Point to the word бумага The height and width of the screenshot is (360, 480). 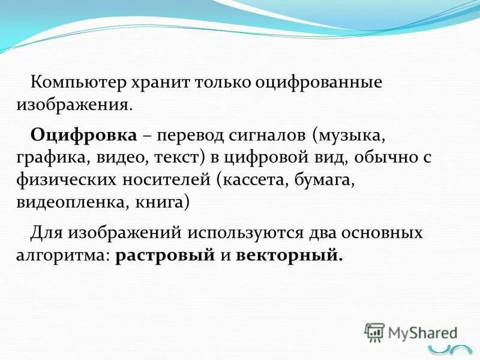pyautogui.click(x=328, y=179)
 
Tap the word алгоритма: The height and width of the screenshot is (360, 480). pyautogui.click(x=62, y=255)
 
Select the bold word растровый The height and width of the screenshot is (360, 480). pyautogui.click(x=165, y=255)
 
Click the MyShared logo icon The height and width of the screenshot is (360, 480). pyautogui.click(x=375, y=332)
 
